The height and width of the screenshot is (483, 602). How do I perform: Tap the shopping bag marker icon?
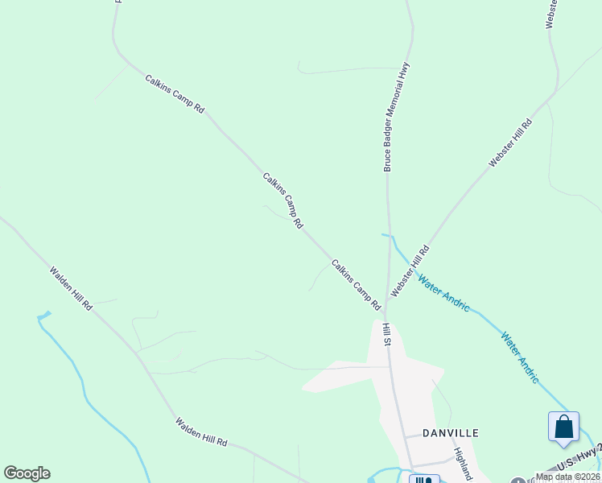point(563,427)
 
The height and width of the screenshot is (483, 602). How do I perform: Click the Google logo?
point(27,473)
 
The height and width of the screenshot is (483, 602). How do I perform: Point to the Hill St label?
point(386,334)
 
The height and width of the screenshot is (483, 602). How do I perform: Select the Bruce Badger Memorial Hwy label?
point(398,117)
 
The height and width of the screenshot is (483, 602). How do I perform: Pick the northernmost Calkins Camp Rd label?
point(175,93)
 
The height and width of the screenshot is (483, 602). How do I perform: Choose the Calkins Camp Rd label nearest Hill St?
point(356,285)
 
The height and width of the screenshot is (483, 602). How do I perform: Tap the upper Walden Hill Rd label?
point(71,289)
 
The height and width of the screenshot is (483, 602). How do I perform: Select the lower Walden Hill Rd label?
point(202,432)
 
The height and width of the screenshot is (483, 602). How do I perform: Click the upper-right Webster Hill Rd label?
point(511,143)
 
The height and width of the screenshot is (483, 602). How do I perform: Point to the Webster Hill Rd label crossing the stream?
point(410,270)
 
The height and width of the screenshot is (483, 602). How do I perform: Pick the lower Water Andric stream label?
point(520,357)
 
